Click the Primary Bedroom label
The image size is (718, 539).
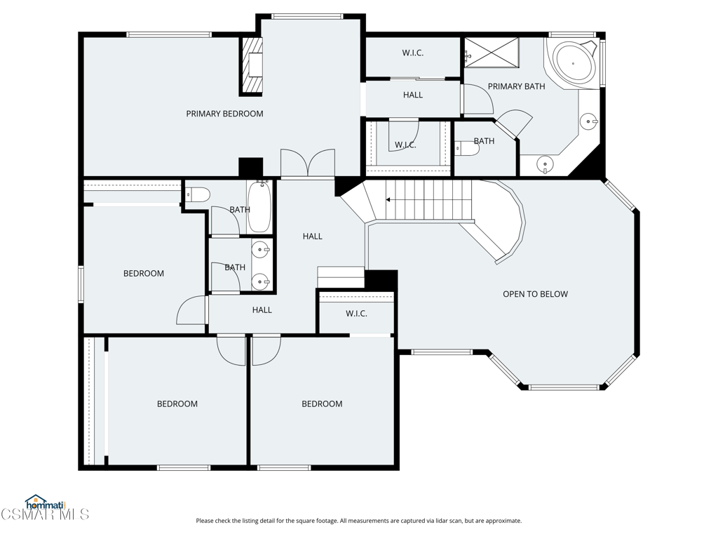point(224,114)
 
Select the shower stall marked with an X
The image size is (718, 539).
point(492,53)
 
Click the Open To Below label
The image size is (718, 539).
point(535,294)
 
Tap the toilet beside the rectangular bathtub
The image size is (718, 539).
point(198,195)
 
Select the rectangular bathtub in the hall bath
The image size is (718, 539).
point(259,207)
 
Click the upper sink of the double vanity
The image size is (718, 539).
point(261,250)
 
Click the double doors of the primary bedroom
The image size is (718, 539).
point(308,163)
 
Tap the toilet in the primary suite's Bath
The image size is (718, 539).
point(467,149)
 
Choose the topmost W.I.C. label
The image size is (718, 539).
point(412,53)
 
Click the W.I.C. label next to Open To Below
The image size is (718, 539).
point(356,314)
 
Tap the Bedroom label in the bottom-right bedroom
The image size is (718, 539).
point(322,404)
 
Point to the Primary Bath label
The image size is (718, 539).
point(517,86)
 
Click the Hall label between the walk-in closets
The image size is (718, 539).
point(413,95)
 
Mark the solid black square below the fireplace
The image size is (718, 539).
point(251,167)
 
